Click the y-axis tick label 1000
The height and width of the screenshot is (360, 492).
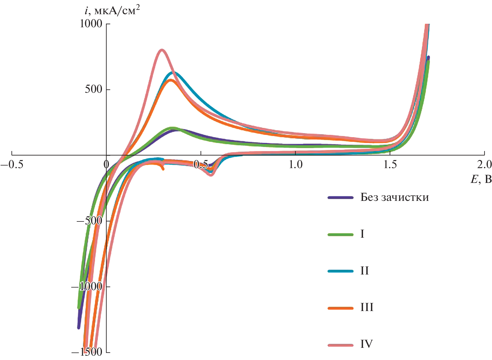click(x=91, y=24)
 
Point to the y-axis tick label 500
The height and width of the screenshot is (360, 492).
click(x=94, y=89)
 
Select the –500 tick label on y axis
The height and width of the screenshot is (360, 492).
click(x=89, y=221)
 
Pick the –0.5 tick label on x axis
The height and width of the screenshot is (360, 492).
click(x=12, y=165)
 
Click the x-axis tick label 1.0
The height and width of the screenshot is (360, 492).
click(x=295, y=165)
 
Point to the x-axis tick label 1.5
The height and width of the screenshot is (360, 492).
click(x=390, y=165)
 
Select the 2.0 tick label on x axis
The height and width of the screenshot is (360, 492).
click(x=484, y=165)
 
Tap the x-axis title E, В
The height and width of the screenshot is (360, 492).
click(x=481, y=179)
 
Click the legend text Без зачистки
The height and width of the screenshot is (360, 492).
click(x=394, y=197)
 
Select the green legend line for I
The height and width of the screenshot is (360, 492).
click(x=341, y=234)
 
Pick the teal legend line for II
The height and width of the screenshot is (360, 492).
click(x=341, y=271)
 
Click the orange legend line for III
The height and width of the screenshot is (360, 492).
click(x=341, y=308)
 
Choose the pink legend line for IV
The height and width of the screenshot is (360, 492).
click(x=341, y=345)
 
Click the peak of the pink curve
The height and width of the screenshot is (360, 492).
click(x=162, y=50)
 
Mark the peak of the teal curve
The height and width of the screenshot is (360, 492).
click(x=174, y=72)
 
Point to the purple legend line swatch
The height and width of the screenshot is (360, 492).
click(x=341, y=198)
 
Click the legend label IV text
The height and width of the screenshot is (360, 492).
click(x=366, y=344)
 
